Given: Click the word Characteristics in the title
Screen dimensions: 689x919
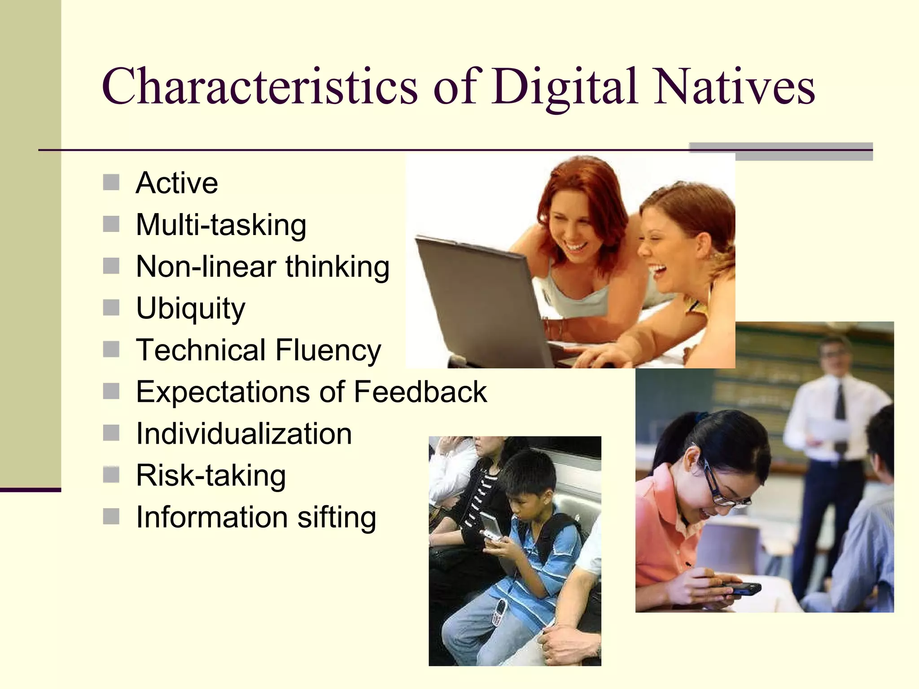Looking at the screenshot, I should [260, 86].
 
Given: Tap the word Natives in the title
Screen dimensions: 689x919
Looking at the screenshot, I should [734, 86].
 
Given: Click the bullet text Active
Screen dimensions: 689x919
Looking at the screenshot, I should [177, 183].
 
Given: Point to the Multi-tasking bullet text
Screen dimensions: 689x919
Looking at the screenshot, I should [221, 225].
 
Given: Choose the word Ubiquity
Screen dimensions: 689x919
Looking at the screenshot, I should [191, 309].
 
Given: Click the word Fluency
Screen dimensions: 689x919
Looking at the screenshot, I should [328, 350].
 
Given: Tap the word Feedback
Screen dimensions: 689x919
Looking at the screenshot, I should [420, 392].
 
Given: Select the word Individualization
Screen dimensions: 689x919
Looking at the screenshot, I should [244, 434].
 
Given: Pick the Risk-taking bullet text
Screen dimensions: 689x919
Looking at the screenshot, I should [210, 475].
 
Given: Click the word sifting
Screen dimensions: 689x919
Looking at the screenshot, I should [337, 517].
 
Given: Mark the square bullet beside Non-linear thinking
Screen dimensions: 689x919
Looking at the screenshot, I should [111, 266].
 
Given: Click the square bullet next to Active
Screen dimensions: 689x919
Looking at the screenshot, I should [111, 183].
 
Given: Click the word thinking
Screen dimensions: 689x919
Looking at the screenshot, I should [337, 267].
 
